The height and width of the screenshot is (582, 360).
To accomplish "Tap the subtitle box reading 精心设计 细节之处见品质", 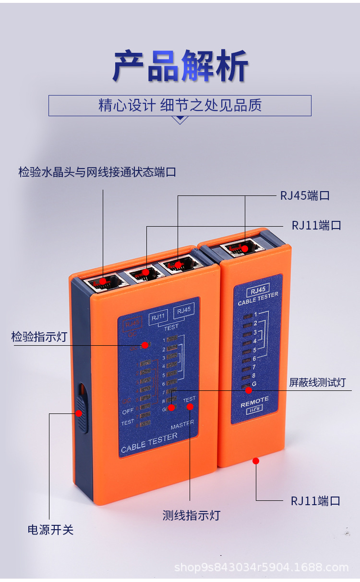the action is [180, 106].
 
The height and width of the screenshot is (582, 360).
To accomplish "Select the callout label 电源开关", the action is [50, 530].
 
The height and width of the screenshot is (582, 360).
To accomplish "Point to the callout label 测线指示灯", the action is [191, 516].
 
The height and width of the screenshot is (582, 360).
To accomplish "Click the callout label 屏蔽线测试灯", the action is [317, 383].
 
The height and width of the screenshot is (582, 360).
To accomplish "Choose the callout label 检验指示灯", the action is [39, 337].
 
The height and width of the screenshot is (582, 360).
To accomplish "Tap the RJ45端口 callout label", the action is [305, 195].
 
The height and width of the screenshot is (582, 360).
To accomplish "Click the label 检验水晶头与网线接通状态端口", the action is [97, 171].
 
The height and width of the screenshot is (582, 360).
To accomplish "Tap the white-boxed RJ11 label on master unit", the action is [158, 316].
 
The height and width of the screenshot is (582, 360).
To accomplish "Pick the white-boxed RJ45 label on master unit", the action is [183, 311].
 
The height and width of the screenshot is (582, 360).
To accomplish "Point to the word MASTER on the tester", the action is [182, 424].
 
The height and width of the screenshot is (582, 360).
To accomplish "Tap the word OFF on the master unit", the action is [128, 412].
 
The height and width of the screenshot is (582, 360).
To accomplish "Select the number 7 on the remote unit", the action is [254, 367].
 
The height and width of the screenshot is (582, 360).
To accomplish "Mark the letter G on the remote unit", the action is [254, 384].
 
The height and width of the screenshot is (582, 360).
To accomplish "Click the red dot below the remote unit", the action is [256, 461].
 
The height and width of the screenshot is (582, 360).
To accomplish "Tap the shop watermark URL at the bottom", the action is [261, 568].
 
